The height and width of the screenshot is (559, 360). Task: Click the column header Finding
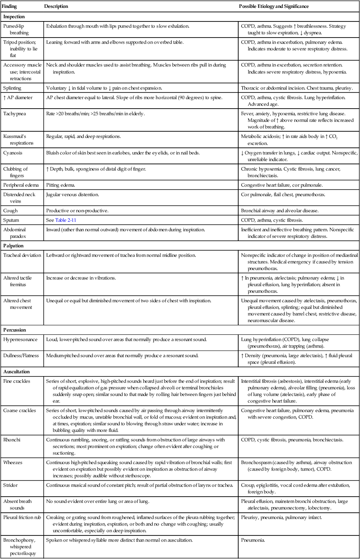point(10,7)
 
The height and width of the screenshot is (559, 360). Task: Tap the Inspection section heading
point(14,17)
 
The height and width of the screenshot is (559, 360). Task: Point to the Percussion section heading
point(15,330)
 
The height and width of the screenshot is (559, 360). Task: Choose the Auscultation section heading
point(17,372)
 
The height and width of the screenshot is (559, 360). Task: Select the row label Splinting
point(12,88)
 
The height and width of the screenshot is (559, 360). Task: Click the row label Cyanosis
point(13,153)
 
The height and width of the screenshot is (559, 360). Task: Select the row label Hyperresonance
point(20,339)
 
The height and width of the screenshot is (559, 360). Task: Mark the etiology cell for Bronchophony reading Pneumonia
point(253,540)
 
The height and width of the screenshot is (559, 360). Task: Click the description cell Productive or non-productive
point(77,211)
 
